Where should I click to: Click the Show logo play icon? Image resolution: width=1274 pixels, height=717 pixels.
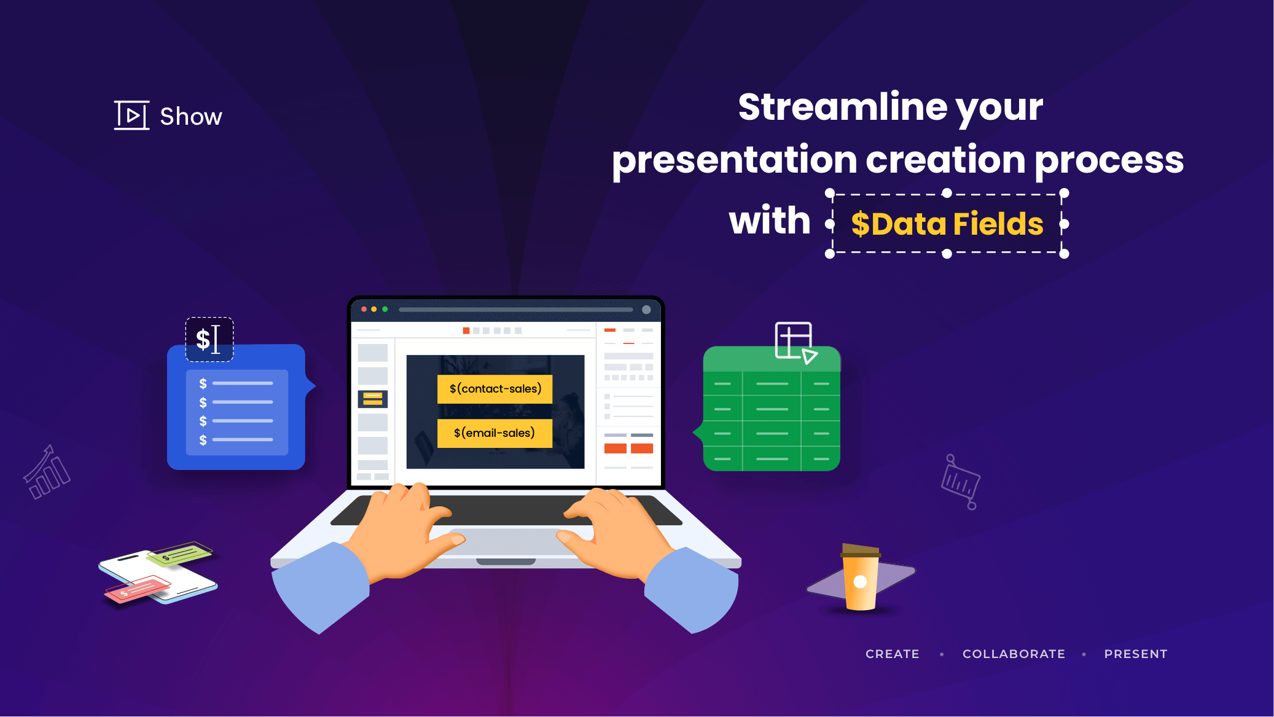point(131,116)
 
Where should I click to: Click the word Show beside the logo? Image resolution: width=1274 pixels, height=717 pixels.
point(191,117)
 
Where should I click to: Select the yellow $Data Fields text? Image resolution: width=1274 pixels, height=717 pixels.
point(947,224)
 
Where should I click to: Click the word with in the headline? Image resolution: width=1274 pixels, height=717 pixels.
point(770,221)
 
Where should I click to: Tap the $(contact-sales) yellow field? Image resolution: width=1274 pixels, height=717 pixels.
point(495,389)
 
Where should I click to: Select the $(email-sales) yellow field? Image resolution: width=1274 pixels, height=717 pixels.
point(494,433)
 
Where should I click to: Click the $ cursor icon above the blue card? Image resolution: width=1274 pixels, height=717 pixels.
point(209,339)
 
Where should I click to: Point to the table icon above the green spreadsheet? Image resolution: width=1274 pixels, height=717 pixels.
point(795,342)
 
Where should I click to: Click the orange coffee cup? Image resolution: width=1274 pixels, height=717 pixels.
point(860,578)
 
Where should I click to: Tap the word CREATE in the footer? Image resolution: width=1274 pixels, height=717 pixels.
point(892,654)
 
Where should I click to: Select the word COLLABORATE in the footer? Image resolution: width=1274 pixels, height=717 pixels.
point(1014,654)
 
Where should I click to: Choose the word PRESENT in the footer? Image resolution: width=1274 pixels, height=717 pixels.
point(1135,654)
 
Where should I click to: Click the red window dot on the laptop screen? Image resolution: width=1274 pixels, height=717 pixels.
point(364,309)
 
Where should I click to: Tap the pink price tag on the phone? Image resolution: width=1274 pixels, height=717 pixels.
point(137,589)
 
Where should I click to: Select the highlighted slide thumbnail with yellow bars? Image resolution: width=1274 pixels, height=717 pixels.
point(372,399)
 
